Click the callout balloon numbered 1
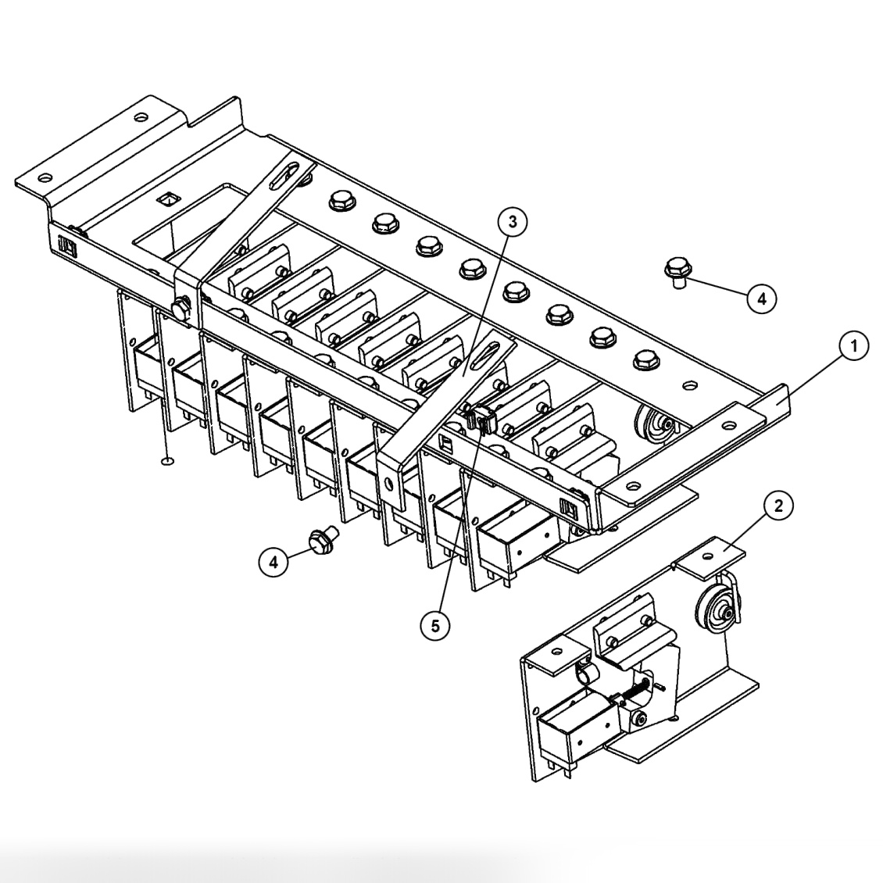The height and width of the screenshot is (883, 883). click(854, 345)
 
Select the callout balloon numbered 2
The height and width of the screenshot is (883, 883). click(777, 505)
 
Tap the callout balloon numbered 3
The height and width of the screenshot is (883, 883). click(512, 222)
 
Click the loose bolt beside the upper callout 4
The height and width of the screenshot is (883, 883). click(677, 270)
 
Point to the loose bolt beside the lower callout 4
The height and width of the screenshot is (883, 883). click(320, 540)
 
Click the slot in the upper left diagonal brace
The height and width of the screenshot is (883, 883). click(287, 174)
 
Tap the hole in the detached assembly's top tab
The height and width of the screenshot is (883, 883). click(708, 555)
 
